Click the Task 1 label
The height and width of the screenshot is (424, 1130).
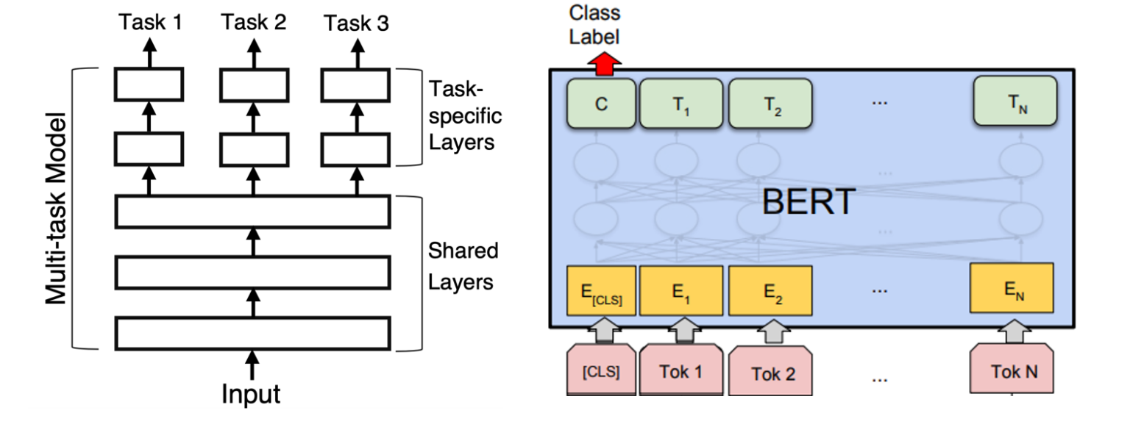coord(151,24)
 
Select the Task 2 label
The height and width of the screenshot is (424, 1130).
coord(254,24)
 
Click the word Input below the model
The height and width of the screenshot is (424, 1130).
coord(252,394)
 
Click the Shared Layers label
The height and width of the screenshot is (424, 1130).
coord(463,265)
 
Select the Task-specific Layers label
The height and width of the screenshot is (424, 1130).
coord(465,117)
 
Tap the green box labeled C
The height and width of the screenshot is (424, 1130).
coord(601,104)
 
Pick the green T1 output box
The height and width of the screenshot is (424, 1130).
coord(681,104)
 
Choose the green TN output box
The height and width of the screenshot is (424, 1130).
coord(1014,104)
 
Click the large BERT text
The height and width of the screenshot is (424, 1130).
coord(808,200)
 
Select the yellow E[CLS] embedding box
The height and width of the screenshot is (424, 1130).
coord(600,292)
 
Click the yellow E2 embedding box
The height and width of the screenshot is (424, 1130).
coord(770,292)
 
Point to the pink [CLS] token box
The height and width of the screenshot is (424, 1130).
coord(601,371)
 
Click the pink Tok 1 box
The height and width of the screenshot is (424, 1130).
coord(681,371)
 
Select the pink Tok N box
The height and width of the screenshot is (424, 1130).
coord(1013,371)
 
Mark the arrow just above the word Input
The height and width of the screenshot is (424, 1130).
coord(252,363)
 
